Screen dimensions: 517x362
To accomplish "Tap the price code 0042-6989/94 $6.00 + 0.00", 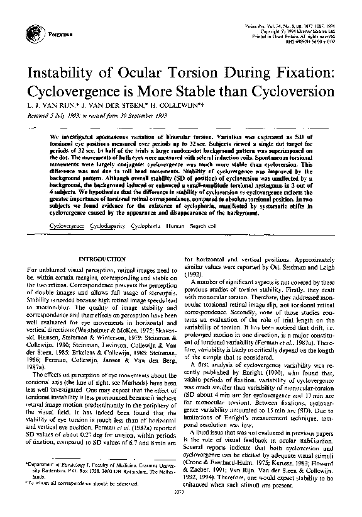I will pos(304,40).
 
